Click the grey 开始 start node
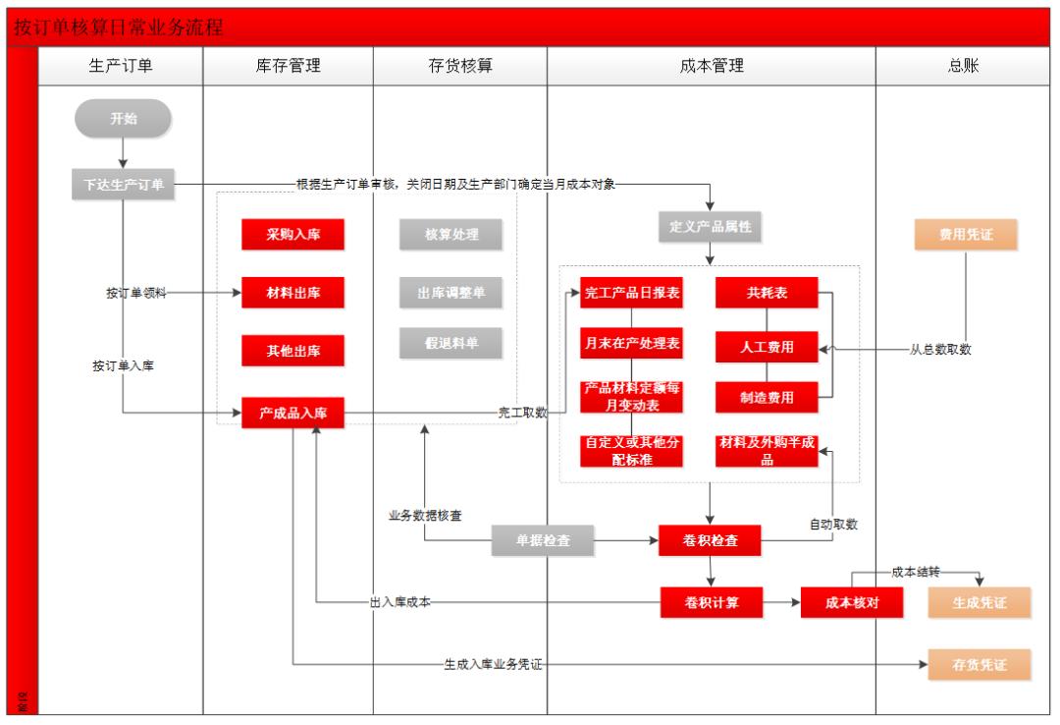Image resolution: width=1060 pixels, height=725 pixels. click(x=124, y=119)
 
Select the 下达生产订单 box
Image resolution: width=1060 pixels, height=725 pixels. click(x=124, y=184)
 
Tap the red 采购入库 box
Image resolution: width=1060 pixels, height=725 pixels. click(x=292, y=235)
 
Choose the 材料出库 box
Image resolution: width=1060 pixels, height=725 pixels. click(x=292, y=292)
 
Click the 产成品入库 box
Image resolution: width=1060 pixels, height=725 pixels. click(x=292, y=414)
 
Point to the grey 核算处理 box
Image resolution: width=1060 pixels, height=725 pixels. click(x=450, y=235)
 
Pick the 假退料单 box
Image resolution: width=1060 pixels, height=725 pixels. click(x=450, y=342)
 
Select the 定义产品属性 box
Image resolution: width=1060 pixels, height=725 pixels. click(x=710, y=227)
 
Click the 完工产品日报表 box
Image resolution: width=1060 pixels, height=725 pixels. click(x=631, y=293)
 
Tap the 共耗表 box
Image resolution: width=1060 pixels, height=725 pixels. click(x=767, y=293)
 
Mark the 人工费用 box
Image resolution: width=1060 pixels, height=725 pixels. click(x=767, y=346)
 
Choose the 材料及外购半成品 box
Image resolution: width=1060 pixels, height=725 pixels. click(x=767, y=450)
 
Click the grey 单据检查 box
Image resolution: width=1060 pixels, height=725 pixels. click(x=544, y=540)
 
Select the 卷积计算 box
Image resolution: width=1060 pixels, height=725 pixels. click(x=712, y=602)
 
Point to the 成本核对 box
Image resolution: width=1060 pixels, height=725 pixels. click(x=852, y=602)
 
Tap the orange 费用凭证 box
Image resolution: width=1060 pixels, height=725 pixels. click(x=967, y=235)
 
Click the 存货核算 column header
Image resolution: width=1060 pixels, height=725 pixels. click(x=459, y=67)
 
